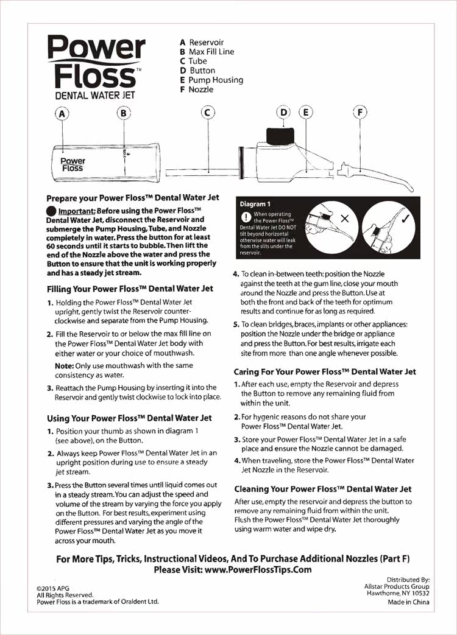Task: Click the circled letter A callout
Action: tap(62, 113)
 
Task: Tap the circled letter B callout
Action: tap(124, 113)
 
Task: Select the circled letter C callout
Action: tap(208, 113)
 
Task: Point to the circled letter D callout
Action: tap(284, 113)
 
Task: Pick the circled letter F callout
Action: tap(361, 113)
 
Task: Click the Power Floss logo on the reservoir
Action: tap(72, 164)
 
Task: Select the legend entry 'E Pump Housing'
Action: tap(211, 80)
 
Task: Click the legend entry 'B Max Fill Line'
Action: tap(207, 52)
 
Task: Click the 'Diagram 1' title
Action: tap(256, 204)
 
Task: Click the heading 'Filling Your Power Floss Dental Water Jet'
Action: tap(130, 288)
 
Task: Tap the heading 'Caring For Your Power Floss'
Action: tap(325, 371)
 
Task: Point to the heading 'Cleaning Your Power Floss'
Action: tap(323, 489)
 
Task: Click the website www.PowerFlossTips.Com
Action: tap(258, 570)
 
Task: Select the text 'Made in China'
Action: tap(408, 602)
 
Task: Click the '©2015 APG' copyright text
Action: tap(54, 588)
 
